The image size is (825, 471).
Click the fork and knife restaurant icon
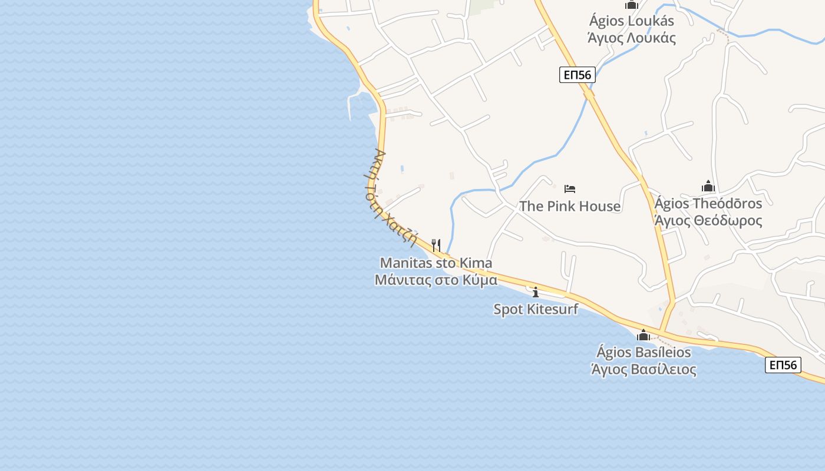coord(436,245)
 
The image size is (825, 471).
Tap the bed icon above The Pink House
coord(570,189)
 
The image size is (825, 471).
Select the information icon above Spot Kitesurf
coord(535,291)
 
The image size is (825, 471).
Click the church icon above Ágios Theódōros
coord(708,187)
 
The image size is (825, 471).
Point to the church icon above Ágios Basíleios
coord(643,336)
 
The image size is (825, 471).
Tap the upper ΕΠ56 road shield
coord(577,75)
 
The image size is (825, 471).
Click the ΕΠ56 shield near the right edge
coord(783,365)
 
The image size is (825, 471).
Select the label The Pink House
coord(570,206)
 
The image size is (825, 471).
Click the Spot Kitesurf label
coord(536,309)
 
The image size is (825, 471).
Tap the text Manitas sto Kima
coord(436,263)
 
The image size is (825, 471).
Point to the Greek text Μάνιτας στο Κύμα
coord(436,280)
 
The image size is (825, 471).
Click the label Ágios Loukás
coord(632,21)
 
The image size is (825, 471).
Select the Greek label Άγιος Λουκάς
coord(632,38)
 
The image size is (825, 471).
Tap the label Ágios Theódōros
coord(708,204)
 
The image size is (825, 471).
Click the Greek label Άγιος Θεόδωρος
coord(708,221)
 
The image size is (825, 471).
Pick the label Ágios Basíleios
coord(643,353)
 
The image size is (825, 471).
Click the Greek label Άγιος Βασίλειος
coord(643,370)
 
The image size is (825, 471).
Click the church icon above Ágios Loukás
coord(632,5)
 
